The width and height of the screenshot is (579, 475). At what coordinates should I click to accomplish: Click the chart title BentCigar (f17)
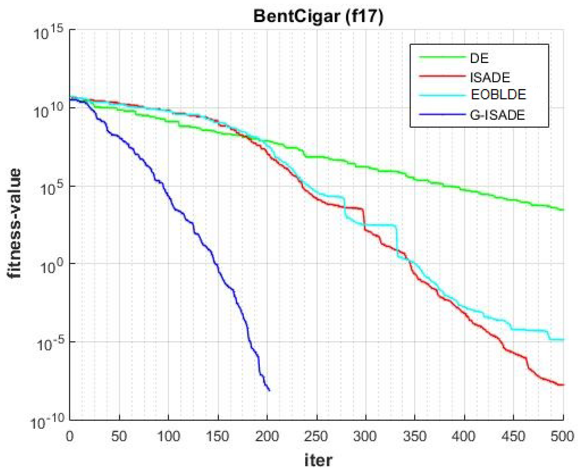pos(318,16)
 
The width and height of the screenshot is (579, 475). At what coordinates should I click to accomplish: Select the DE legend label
pos(479,58)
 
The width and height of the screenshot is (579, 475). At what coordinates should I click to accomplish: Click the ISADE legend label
pos(490,78)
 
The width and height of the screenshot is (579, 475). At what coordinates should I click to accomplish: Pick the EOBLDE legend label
pos(498,95)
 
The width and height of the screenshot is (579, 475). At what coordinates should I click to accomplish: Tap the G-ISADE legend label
pos(497,115)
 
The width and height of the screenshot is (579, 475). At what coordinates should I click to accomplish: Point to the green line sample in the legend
pos(442,57)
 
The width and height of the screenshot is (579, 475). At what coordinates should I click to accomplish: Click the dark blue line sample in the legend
pos(442,115)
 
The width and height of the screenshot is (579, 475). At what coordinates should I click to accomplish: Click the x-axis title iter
pos(318,460)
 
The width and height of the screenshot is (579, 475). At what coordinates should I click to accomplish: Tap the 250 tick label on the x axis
pos(316,437)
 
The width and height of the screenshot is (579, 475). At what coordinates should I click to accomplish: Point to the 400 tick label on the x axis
pos(464,437)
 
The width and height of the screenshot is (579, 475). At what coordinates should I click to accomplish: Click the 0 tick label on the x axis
pos(70,437)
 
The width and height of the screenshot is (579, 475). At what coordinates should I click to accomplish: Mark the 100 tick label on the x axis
pos(168,437)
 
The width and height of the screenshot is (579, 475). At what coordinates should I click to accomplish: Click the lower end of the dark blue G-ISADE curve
pos(269,390)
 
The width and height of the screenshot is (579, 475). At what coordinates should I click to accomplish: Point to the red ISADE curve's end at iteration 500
pos(563,385)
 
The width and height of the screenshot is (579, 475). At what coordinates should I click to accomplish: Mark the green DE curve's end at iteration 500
pos(563,210)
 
